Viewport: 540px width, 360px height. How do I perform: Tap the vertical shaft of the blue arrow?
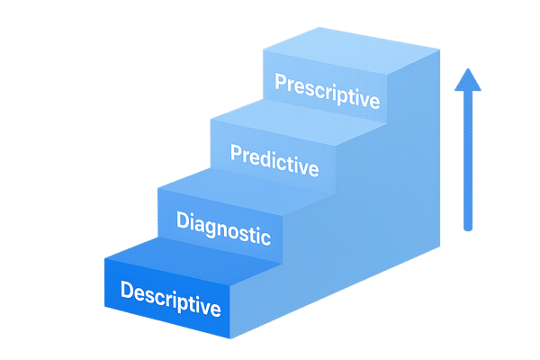[x=466, y=162]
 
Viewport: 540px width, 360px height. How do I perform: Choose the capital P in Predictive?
[x=236, y=153]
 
